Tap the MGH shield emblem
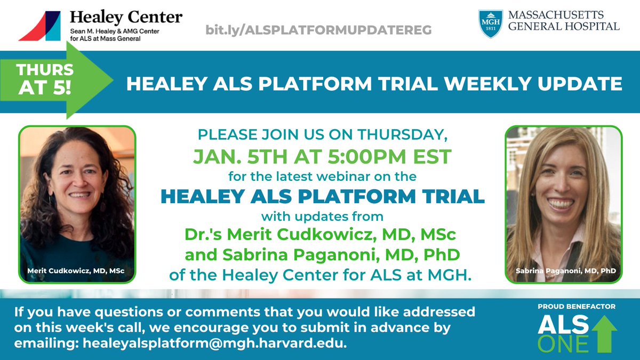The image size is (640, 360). tap(490, 24)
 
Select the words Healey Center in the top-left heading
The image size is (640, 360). tap(126, 17)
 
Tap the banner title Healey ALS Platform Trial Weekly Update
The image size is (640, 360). tap(374, 84)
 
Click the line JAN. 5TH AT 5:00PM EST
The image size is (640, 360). tap(322, 156)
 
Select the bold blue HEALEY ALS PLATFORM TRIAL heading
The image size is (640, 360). tap(322, 196)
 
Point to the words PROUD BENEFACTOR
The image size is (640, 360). tap(576, 306)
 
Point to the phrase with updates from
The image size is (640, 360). tap(322, 217)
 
